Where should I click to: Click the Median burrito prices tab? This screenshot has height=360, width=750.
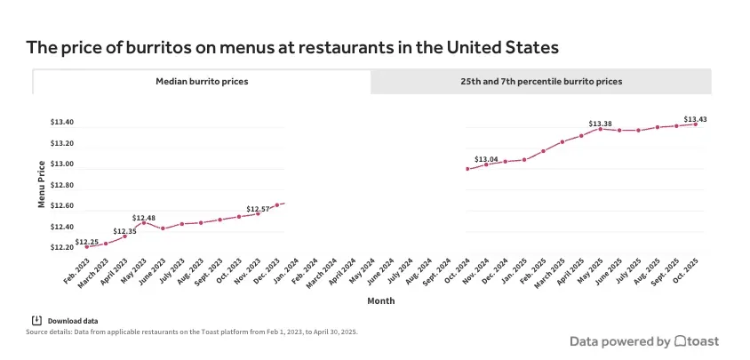click(x=202, y=81)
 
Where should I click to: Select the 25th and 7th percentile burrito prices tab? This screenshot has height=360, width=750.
click(x=540, y=81)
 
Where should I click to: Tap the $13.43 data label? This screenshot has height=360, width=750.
click(x=695, y=119)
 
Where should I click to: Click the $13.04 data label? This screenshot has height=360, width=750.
click(x=486, y=159)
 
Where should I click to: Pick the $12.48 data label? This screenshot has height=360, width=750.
click(x=144, y=218)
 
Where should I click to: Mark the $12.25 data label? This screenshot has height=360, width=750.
click(x=87, y=242)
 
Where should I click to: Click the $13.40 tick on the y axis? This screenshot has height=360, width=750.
click(x=62, y=122)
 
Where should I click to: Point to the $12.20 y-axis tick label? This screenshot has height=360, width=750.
click(x=62, y=247)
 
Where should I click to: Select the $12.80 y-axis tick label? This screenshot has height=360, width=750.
click(x=62, y=185)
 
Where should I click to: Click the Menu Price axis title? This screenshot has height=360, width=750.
click(x=42, y=184)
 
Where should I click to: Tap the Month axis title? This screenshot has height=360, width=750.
click(x=381, y=301)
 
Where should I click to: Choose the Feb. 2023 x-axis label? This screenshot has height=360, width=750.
click(x=76, y=269)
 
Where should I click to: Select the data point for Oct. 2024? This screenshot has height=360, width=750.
click(x=467, y=169)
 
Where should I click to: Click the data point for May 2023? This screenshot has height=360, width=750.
click(x=143, y=222)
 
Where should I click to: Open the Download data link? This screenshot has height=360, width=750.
click(x=72, y=321)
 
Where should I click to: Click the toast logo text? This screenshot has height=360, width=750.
click(x=703, y=341)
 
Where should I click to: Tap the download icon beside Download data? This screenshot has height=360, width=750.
click(x=36, y=320)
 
